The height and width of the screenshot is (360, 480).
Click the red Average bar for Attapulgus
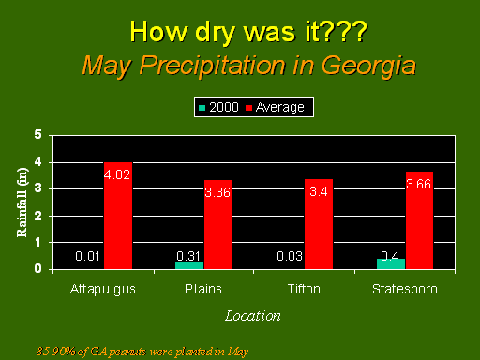[x=118, y=216]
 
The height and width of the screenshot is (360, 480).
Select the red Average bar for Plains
[x=217, y=224]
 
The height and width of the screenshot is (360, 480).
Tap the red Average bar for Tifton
[x=319, y=224]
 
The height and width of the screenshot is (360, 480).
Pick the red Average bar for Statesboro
[x=419, y=220]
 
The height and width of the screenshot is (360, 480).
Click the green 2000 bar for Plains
[x=189, y=265]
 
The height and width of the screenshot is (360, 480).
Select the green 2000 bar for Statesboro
[x=391, y=264]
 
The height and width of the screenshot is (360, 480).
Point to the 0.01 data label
[x=87, y=256]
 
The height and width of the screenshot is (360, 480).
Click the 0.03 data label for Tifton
[x=290, y=256]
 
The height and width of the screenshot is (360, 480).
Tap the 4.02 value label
[x=117, y=174]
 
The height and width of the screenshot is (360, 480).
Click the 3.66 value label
[x=419, y=184]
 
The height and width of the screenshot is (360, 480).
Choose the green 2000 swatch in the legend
[x=202, y=108]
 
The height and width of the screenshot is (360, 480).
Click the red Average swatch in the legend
[x=248, y=108]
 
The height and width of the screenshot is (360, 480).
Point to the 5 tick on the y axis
[x=37, y=134]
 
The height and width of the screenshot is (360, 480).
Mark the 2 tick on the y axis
[x=37, y=216]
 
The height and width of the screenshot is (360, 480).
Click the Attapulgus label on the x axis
[x=103, y=290]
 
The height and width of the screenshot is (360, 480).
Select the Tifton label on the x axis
[x=304, y=289]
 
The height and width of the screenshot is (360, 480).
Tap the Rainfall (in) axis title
[x=22, y=202]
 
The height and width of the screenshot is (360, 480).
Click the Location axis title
[x=253, y=316]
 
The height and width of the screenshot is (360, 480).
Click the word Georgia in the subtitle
[x=369, y=67]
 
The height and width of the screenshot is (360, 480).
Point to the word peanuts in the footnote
[x=127, y=352]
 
